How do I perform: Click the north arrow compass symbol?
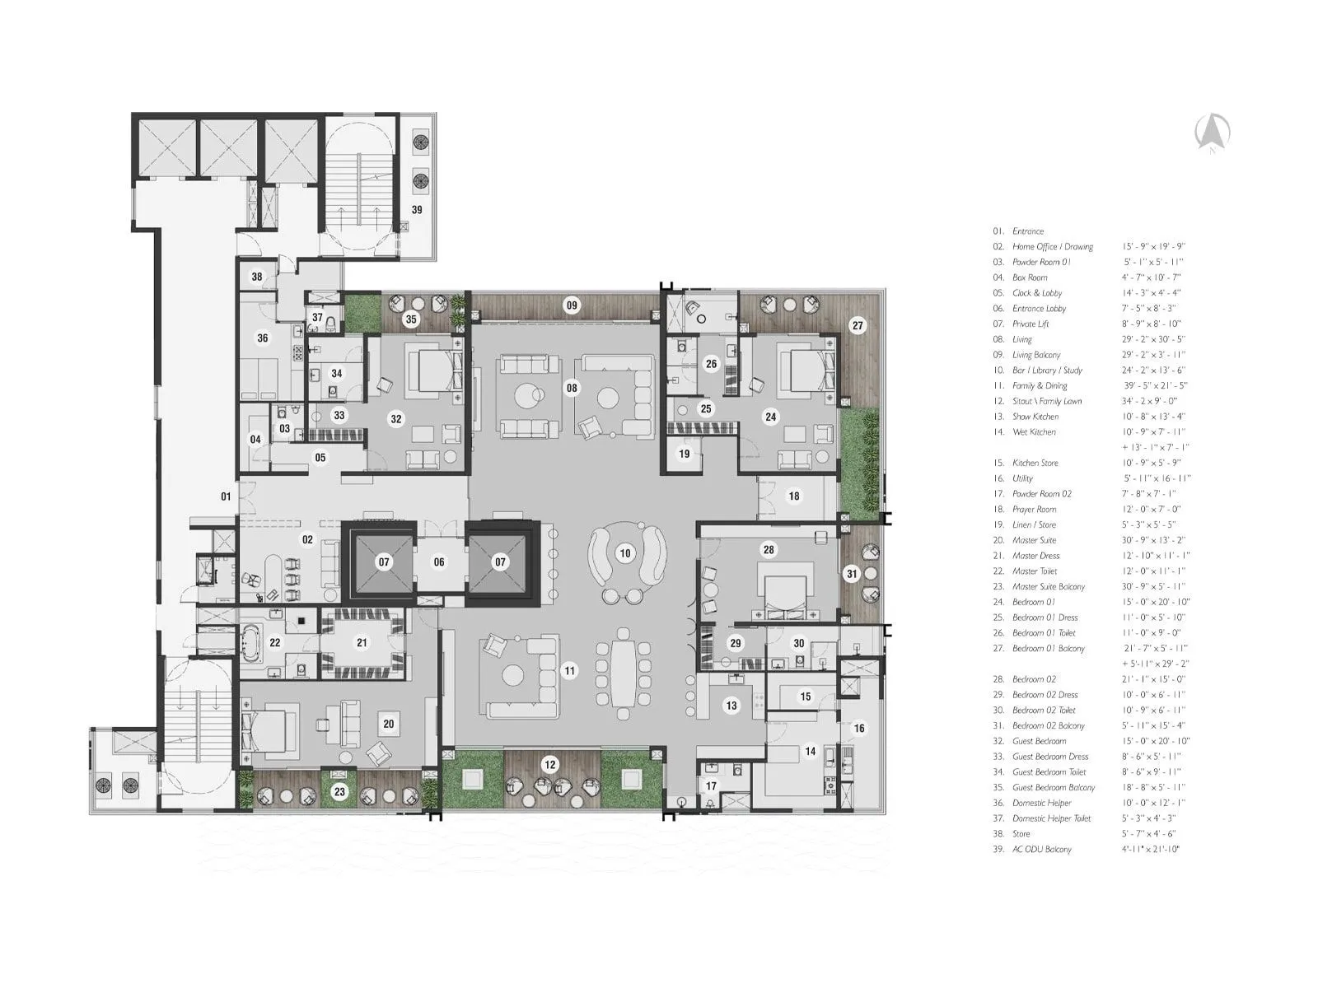coord(1213,133)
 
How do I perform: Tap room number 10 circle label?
coord(625,553)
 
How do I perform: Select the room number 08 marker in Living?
coord(572,388)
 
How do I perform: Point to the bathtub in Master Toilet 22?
coord(251,643)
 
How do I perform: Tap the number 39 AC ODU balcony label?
coord(417,210)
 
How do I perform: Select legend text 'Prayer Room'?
coord(1034,509)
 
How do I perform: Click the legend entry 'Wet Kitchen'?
coord(1034,431)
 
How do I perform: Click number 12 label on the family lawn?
coord(550,765)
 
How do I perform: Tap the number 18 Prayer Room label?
coord(794,496)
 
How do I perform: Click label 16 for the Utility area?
coord(859,728)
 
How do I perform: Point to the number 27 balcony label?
coord(858,325)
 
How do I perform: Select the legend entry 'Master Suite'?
coord(1034,540)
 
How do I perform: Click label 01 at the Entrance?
coord(226,496)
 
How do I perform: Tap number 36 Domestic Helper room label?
coord(262,338)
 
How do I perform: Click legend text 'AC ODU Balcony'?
coord(1041,849)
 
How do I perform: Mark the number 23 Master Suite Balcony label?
coord(340,792)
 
